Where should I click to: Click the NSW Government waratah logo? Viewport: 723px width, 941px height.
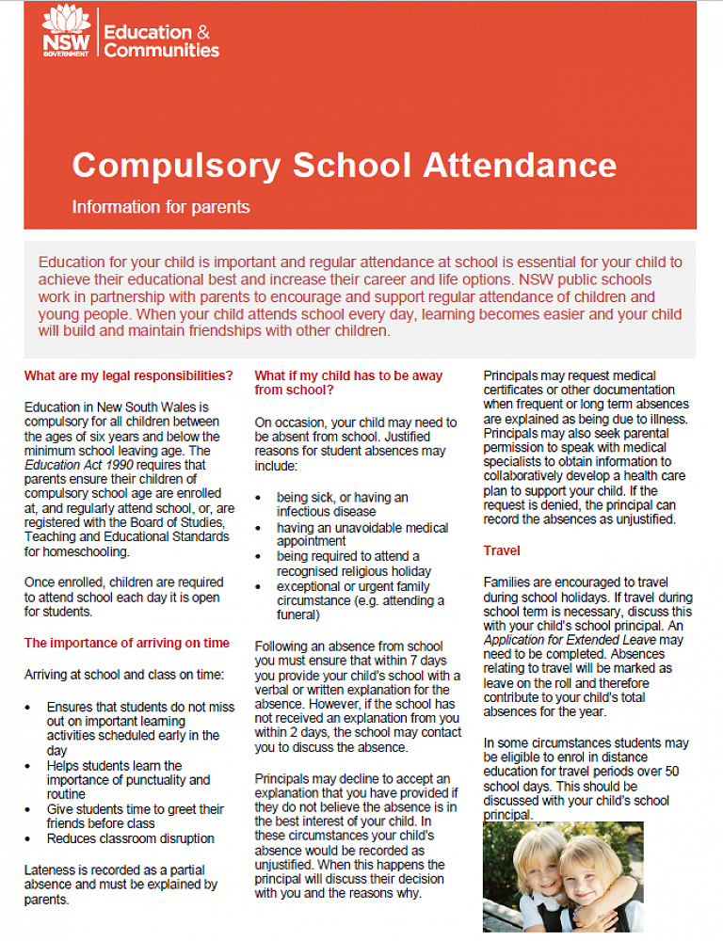coord(66,31)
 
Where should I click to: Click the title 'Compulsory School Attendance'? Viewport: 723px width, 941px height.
coord(344,165)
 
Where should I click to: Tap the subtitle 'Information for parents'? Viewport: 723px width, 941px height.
coord(161,206)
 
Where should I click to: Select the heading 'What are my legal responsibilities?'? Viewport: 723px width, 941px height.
coord(129,375)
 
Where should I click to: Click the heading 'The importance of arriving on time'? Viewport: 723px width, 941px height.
coord(127,643)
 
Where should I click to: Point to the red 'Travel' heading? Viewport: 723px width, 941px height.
coord(502,550)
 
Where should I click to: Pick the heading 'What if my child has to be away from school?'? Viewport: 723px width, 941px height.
coord(348,382)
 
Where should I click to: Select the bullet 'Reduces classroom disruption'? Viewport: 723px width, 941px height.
coord(131,838)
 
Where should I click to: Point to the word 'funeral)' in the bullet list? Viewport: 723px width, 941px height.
coord(298,615)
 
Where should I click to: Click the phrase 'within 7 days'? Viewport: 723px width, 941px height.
coord(400,661)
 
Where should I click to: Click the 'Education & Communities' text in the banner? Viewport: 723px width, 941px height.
coord(161,40)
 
